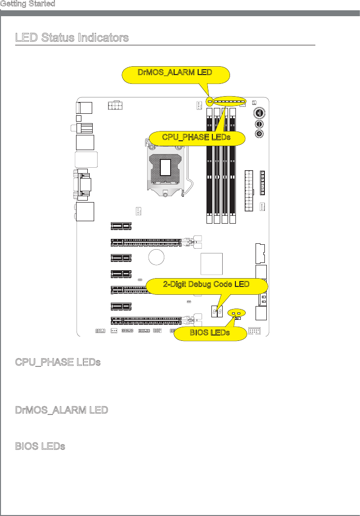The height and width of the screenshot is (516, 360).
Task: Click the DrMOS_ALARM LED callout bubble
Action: (x=175, y=73)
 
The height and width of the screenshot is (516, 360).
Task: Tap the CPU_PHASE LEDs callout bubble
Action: (x=196, y=137)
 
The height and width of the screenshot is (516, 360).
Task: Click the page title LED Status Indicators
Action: (x=72, y=38)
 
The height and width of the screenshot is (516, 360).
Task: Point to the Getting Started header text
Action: (x=27, y=4)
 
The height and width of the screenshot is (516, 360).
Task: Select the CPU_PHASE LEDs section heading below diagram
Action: (x=58, y=362)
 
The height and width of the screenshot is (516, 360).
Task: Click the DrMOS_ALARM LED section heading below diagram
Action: (x=61, y=410)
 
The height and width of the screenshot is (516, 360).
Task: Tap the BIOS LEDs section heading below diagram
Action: (x=40, y=446)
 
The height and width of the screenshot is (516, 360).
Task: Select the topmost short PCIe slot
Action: (x=121, y=226)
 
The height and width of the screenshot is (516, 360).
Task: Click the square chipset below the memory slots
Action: (x=212, y=263)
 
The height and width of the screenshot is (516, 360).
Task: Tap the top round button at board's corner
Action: (x=259, y=112)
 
